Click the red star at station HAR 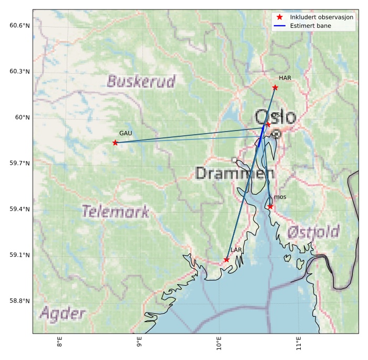point(275,87)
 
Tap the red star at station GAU point(115,143)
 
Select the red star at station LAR point(227,259)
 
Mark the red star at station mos point(270,206)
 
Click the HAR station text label point(285,78)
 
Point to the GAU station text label point(126,133)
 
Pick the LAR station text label point(236,250)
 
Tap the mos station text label point(280,197)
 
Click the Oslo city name point(275,117)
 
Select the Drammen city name point(234,173)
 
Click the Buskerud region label point(141,81)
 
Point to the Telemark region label point(116,212)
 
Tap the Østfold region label point(313,232)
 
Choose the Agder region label point(62,314)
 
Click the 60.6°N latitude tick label point(20,25)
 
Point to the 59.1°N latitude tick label point(20,255)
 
